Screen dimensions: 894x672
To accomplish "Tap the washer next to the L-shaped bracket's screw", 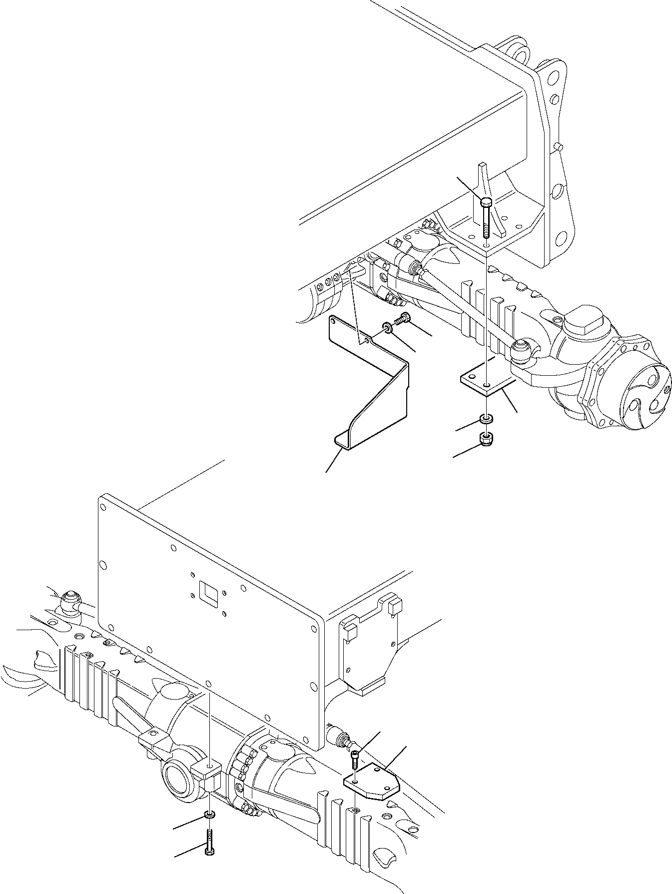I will click(387, 327).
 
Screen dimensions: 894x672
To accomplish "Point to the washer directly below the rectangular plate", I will click(485, 418).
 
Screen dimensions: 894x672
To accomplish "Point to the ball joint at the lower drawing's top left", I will click(69, 600).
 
